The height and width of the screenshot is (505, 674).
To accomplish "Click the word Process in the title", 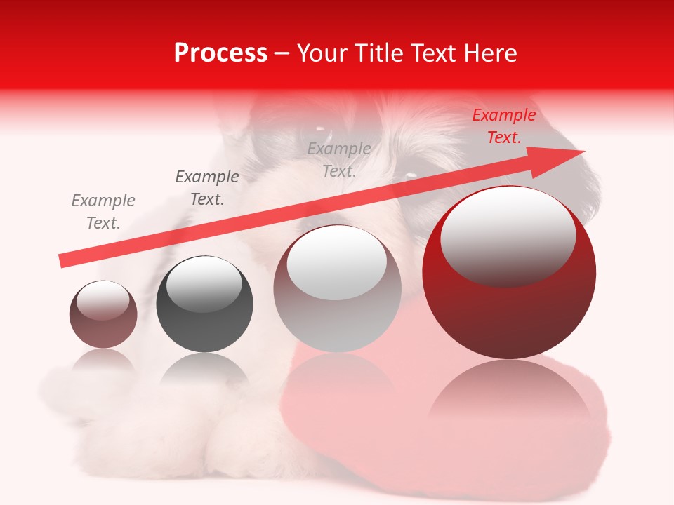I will click(x=220, y=53).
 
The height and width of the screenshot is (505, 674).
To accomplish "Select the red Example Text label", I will click(x=503, y=126).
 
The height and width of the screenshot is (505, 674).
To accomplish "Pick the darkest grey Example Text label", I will click(x=207, y=188).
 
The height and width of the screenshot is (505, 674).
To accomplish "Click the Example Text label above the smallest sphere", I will click(x=103, y=211).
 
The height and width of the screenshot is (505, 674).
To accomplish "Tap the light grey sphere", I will click(x=337, y=316).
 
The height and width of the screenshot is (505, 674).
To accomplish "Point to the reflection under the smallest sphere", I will click(x=103, y=361).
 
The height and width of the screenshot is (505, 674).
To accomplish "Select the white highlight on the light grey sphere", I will click(x=337, y=263).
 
